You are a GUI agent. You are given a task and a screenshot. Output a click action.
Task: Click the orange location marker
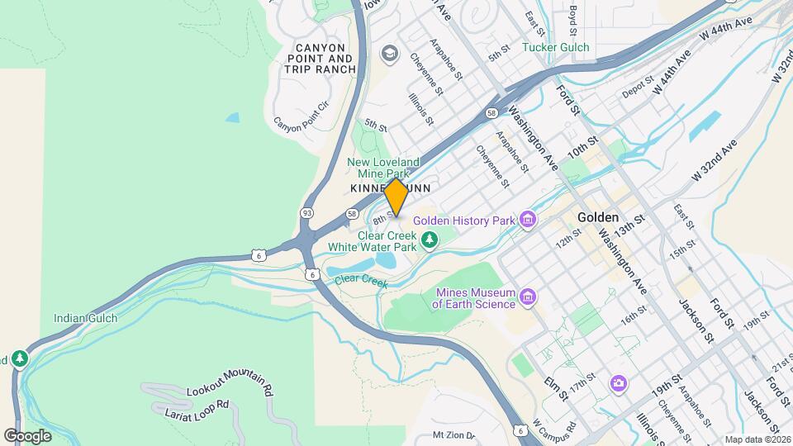(396, 197)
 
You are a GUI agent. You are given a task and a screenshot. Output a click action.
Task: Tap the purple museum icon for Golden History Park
(529, 220)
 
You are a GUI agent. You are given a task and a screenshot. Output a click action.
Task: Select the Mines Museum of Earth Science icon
(529, 296)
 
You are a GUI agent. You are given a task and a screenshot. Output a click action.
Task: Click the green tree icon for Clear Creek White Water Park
(429, 240)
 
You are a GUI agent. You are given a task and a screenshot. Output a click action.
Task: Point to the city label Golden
(598, 217)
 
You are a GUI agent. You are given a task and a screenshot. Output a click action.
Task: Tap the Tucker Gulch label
(556, 47)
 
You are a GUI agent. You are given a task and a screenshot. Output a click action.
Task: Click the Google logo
(27, 435)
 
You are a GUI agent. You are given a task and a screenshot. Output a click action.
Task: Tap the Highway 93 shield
(307, 212)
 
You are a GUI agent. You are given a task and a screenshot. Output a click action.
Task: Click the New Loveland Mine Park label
(383, 168)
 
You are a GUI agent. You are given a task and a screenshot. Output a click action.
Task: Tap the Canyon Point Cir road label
(301, 116)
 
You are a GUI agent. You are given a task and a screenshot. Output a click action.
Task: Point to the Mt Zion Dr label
(454, 435)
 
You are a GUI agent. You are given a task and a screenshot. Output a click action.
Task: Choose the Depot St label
(638, 88)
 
